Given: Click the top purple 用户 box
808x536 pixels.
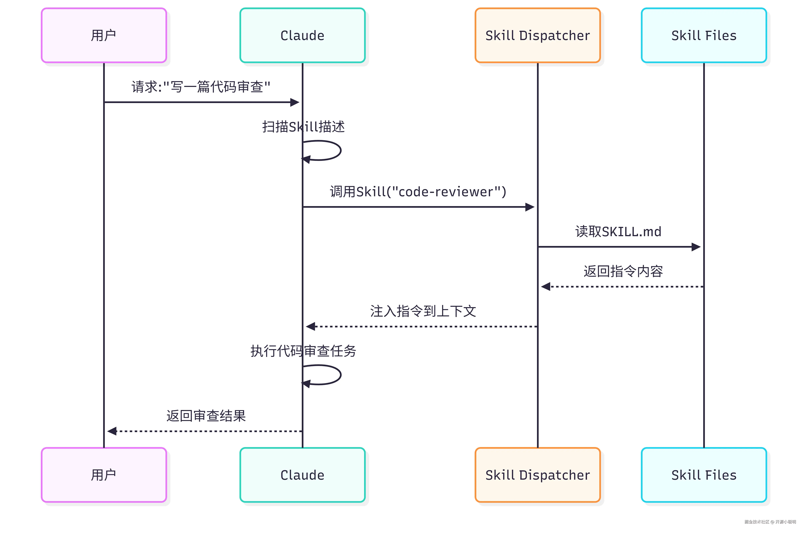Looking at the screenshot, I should pyautogui.click(x=104, y=35).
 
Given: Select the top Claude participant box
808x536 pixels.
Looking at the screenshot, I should pyautogui.click(x=302, y=35).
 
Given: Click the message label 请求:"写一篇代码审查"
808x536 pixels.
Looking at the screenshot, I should pyautogui.click(x=201, y=87).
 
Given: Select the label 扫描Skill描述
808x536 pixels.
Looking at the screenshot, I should pyautogui.click(x=303, y=127).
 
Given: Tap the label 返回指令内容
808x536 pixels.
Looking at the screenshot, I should pyautogui.click(x=623, y=271).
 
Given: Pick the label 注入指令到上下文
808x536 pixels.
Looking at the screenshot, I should pyautogui.click(x=423, y=311).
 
